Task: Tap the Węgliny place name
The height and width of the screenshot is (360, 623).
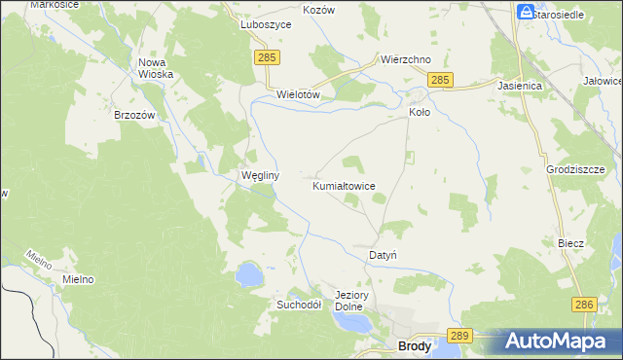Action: click(x=260, y=176)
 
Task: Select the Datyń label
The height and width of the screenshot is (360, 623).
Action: click(x=382, y=255)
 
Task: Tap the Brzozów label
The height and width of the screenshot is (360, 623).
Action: click(x=135, y=115)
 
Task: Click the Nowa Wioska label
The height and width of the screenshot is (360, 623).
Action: click(x=156, y=68)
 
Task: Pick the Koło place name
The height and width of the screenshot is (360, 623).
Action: click(x=419, y=112)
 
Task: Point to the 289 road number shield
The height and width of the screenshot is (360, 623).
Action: click(x=461, y=336)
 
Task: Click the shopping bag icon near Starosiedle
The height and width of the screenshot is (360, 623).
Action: click(x=526, y=13)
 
